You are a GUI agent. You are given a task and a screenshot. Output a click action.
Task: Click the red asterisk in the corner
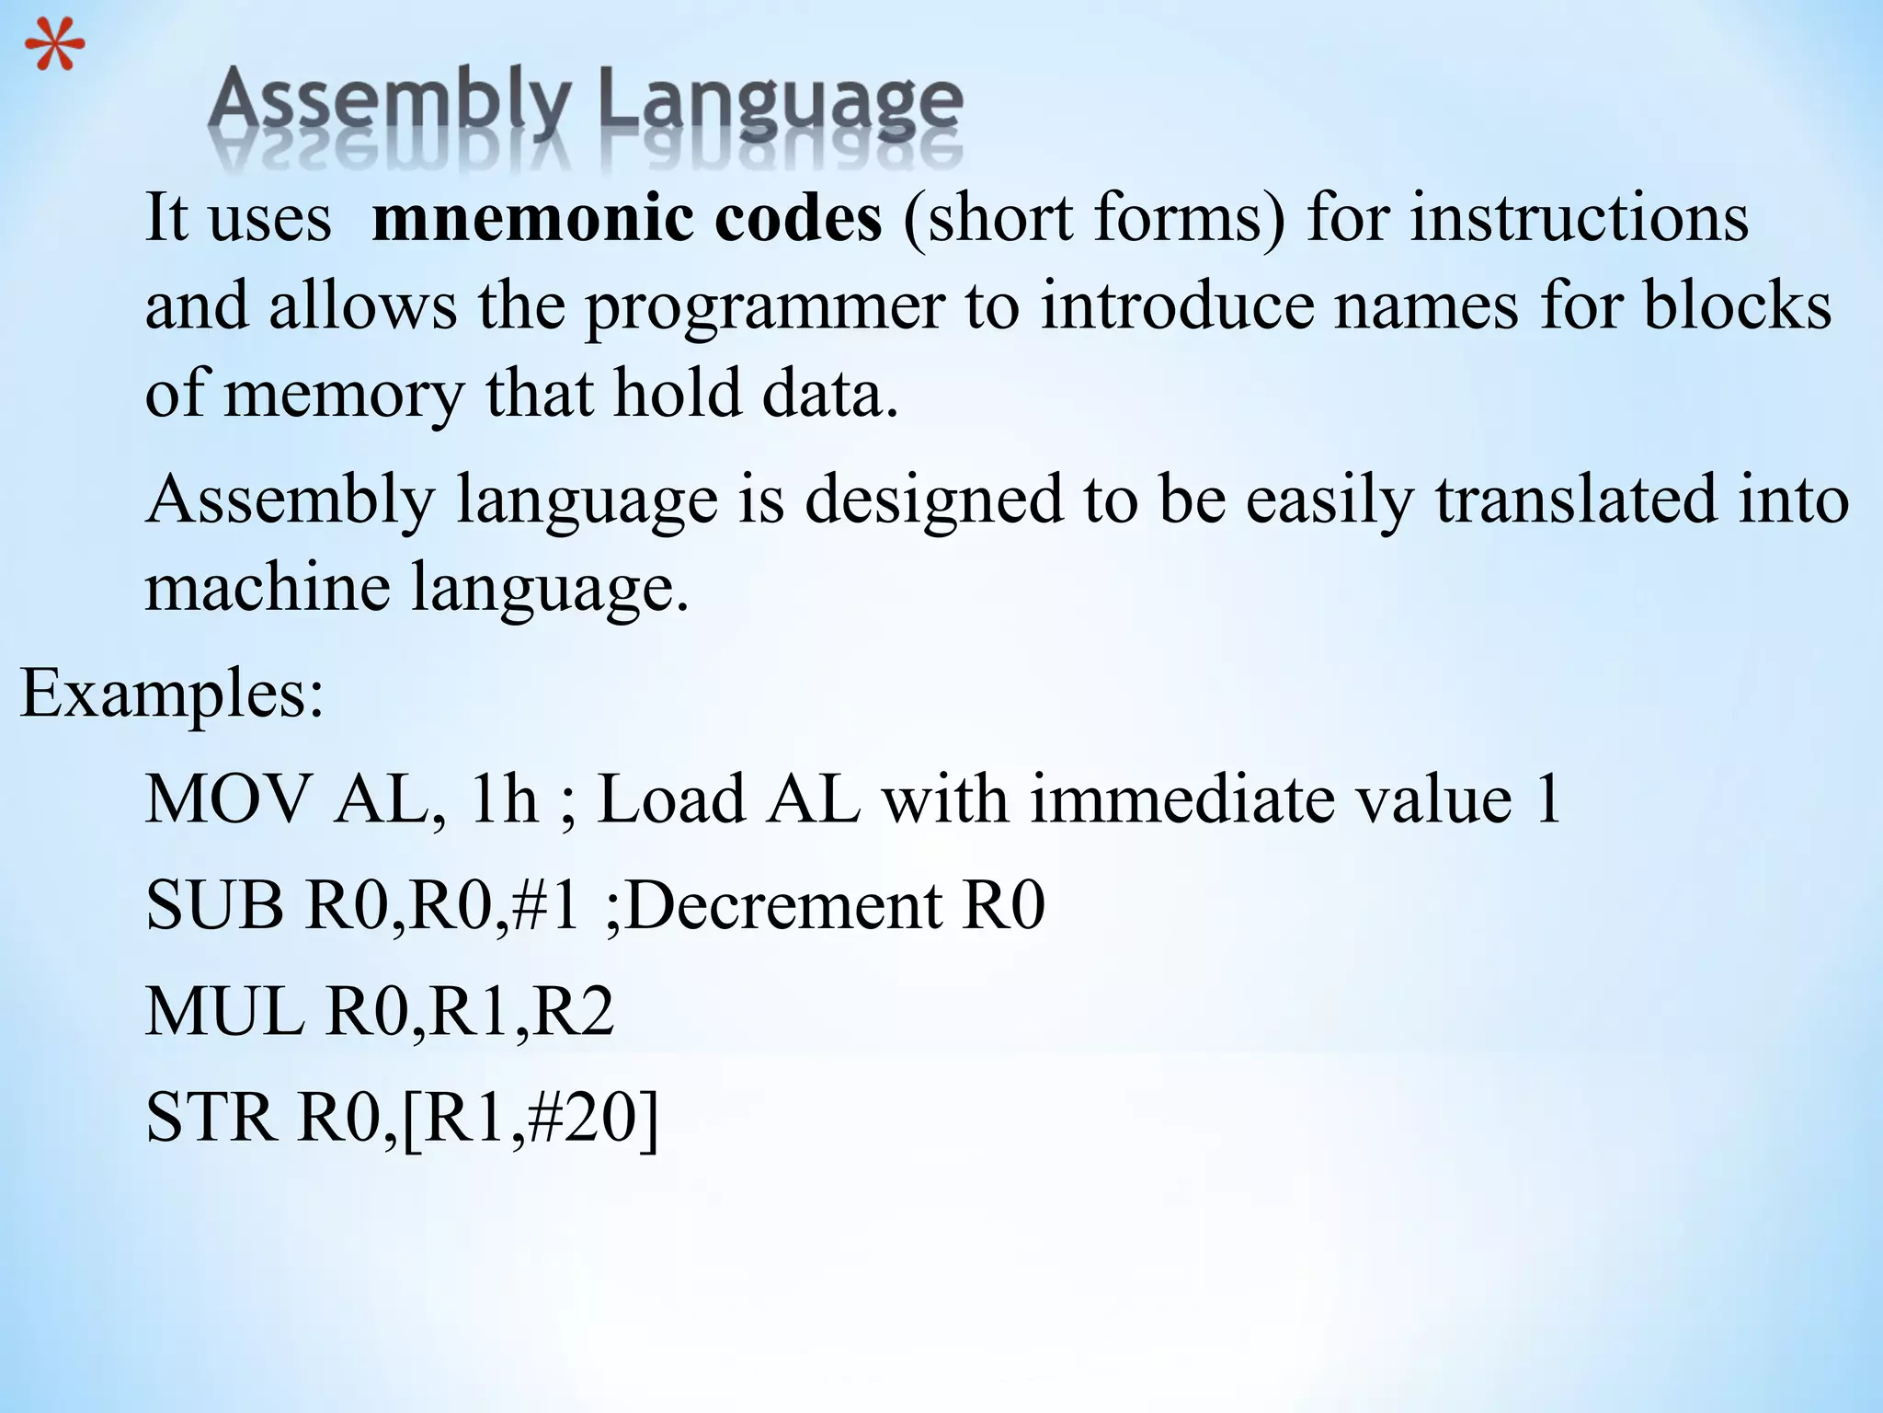coord(54,48)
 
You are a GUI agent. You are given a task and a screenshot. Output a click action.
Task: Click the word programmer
coord(765,308)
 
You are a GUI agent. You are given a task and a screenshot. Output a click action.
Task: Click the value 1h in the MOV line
coord(504,798)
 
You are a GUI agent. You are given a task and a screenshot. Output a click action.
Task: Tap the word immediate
coord(1178,798)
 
